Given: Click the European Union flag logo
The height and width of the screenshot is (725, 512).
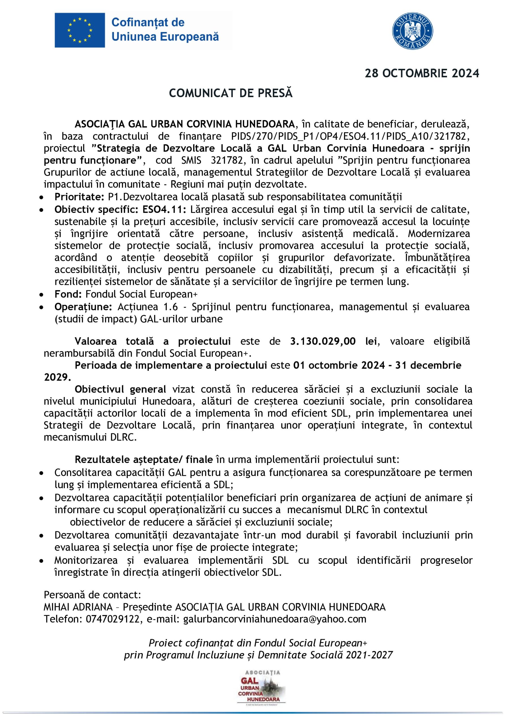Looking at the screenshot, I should pos(80,30).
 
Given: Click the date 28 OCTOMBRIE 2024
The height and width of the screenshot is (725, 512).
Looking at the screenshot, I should pos(422,74).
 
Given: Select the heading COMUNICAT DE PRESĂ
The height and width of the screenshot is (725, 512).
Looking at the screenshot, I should pos(231,93).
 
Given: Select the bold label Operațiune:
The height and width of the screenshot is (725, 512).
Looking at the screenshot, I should pos(83,307).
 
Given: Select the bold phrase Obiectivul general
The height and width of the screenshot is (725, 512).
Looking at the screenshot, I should pos(120,389).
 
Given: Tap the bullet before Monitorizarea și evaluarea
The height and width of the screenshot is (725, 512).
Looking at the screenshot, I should pos(41,561).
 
